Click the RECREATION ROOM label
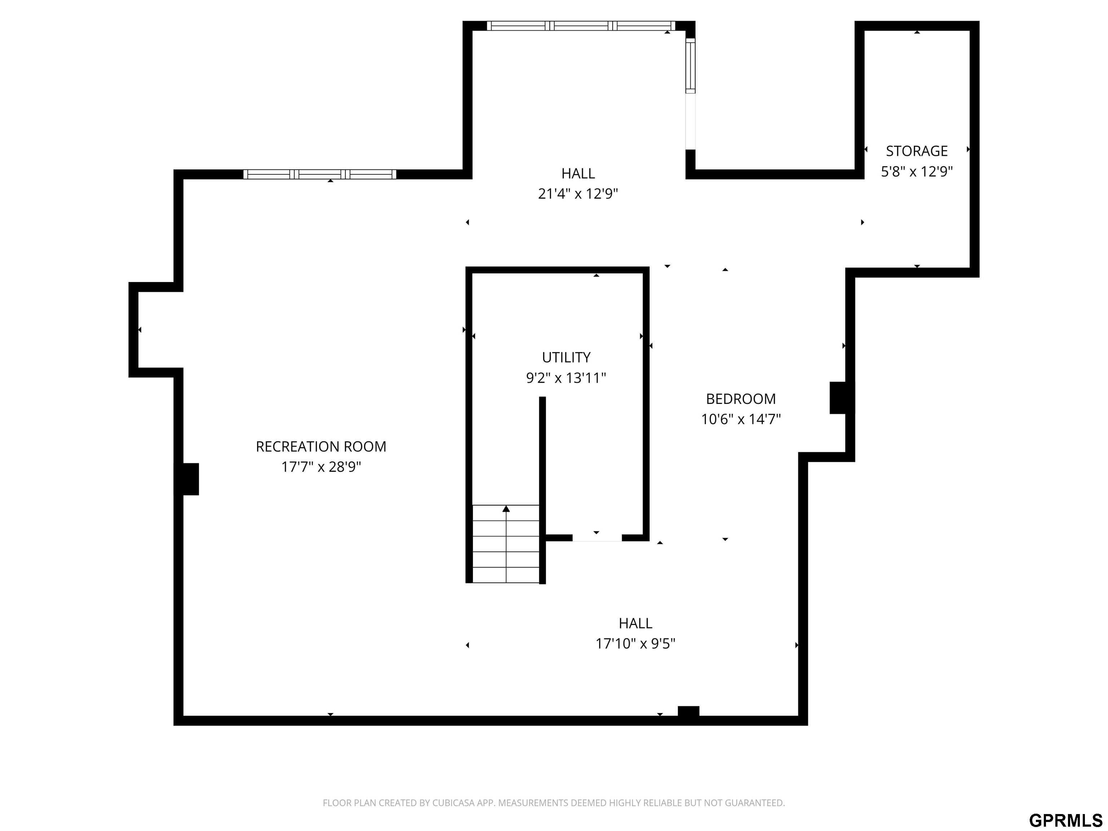click(321, 446)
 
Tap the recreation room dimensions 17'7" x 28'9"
click(321, 467)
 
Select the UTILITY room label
click(566, 357)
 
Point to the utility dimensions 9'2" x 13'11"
click(566, 378)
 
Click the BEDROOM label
click(741, 399)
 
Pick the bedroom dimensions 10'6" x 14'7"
click(741, 419)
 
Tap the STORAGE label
click(916, 151)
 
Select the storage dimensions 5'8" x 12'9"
click(916, 171)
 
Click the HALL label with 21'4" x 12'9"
click(578, 173)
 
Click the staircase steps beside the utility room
click(506, 544)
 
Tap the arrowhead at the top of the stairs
click(506, 509)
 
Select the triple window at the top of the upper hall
click(581, 26)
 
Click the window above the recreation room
click(320, 174)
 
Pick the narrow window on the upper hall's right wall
click(690, 66)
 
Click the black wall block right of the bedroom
click(838, 398)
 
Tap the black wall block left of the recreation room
click(190, 479)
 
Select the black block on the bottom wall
click(688, 711)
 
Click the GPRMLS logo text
click(1065, 820)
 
